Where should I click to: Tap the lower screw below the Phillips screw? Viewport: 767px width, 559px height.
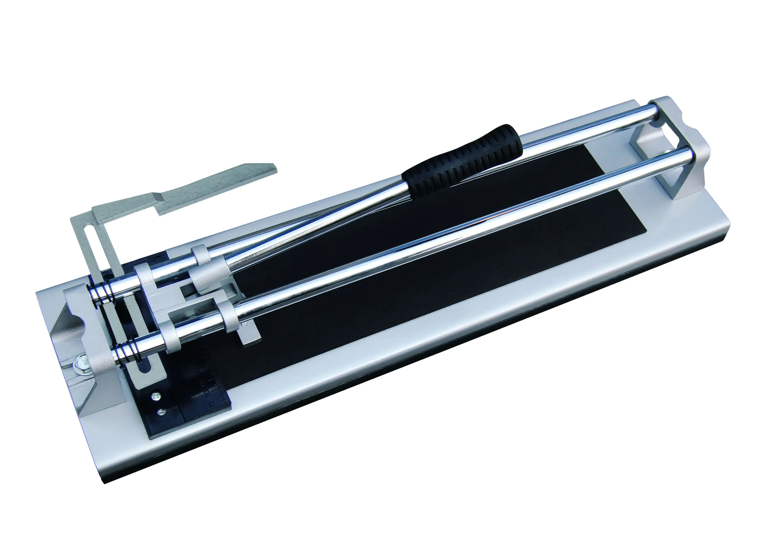(161, 412)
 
